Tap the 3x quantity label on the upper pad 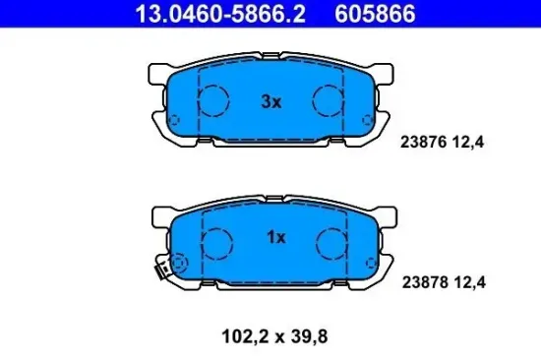(271, 100)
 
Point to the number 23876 (423, 142)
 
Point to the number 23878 (423, 280)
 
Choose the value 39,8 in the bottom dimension (310, 335)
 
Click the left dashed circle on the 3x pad (215, 98)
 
